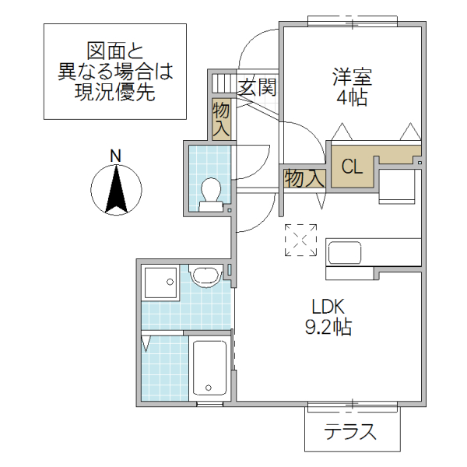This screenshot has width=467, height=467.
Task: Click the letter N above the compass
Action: click(x=115, y=156)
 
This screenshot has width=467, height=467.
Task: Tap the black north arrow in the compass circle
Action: click(x=116, y=191)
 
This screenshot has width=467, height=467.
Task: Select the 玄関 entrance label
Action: click(x=257, y=86)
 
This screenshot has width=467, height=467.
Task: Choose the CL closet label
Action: click(x=352, y=167)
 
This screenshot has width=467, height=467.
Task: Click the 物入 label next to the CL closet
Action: click(x=304, y=178)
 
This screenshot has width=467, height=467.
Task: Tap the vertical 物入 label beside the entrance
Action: click(x=220, y=120)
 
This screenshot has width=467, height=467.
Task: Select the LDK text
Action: click(x=328, y=306)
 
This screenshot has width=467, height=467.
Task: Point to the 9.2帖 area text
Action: click(x=328, y=328)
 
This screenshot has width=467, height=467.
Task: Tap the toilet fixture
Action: click(x=211, y=194)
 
